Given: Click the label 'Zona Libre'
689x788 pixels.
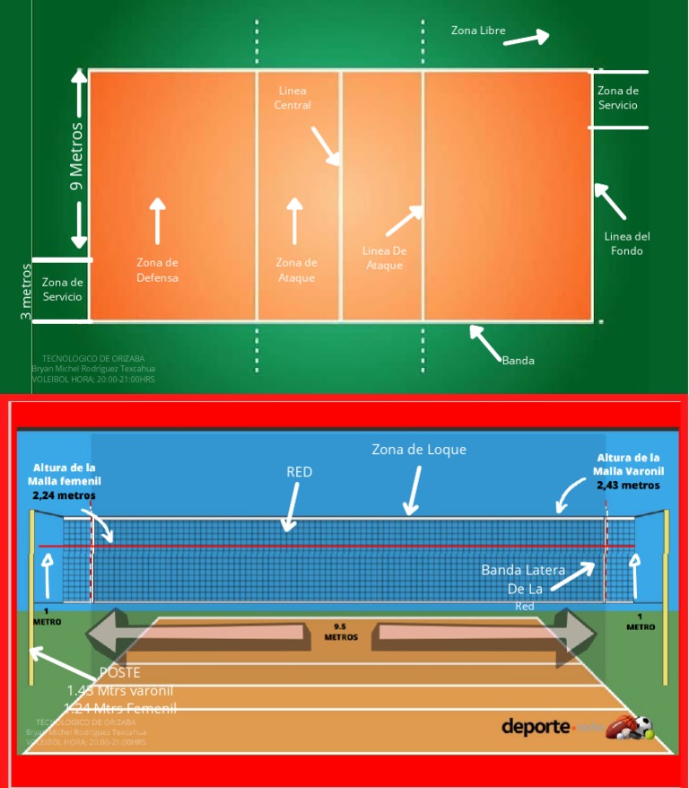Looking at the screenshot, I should click(478, 31).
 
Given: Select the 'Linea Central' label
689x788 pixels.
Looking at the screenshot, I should click(294, 98).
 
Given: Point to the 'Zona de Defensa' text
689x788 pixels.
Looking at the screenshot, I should click(157, 270).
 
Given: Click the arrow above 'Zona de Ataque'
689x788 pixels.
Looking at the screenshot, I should click(294, 220).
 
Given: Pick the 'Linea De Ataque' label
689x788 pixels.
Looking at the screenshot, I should click(384, 258).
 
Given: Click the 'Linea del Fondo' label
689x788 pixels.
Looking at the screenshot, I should click(626, 244).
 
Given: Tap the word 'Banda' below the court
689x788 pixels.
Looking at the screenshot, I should click(518, 360).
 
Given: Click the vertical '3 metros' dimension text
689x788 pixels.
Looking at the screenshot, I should click(26, 292).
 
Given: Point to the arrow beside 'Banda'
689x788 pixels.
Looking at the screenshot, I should click(484, 341).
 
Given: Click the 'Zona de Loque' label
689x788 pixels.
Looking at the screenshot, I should click(419, 450).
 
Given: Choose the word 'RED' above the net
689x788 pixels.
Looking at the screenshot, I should click(299, 472).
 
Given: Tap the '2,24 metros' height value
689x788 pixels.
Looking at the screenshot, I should click(64, 495).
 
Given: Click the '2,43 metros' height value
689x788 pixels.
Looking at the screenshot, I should click(628, 485).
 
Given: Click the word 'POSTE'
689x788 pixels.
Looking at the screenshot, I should click(119, 672).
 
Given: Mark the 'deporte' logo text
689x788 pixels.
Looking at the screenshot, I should click(536, 726).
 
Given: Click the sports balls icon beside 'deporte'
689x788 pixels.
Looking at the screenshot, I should click(630, 727).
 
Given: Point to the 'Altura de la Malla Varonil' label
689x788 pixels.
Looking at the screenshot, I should click(628, 464).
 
